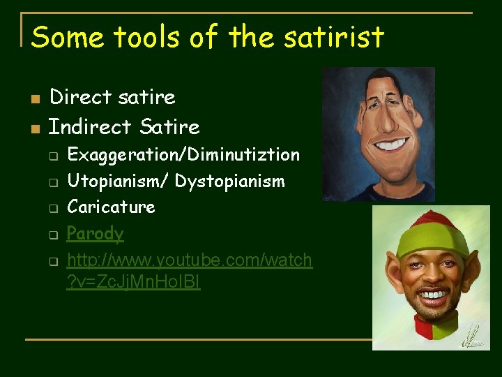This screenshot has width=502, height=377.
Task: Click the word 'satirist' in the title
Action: pyautogui.click(x=335, y=37)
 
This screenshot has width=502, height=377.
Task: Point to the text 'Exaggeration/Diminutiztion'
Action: pyautogui.click(x=183, y=154)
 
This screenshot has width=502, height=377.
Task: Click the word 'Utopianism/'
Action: pyautogui.click(x=118, y=182)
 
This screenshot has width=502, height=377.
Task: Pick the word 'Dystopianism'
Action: pyautogui.click(x=229, y=182)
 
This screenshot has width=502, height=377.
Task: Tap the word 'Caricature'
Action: pyautogui.click(x=111, y=207)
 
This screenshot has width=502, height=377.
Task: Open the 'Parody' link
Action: pyautogui.click(x=95, y=233)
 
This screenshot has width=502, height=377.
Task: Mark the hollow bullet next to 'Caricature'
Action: pyautogui.click(x=53, y=208)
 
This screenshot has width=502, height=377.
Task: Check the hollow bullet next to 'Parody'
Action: pyautogui.click(x=53, y=235)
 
